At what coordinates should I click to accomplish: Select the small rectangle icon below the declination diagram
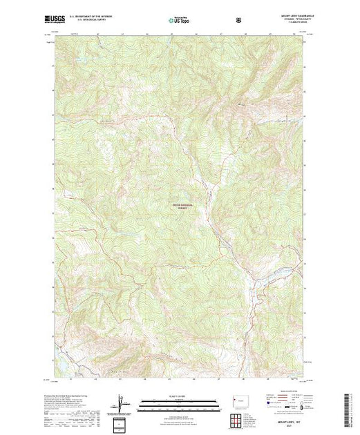tap(123, 422)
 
